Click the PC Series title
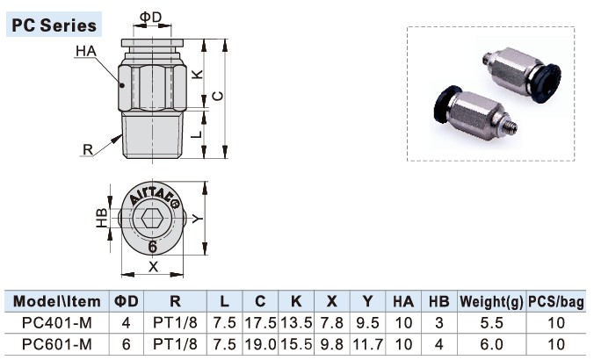tap(54, 25)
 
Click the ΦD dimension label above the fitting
tap(151, 17)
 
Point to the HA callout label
tap(85, 52)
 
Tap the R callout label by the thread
tap(87, 148)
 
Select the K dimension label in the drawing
tap(197, 76)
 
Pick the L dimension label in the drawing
tap(197, 133)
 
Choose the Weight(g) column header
tap(491, 301)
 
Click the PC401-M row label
tap(54, 322)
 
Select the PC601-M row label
tap(54, 343)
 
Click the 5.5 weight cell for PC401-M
tap(491, 322)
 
